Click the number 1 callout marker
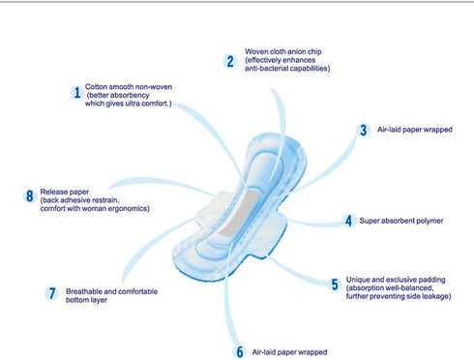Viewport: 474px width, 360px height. tap(77, 93)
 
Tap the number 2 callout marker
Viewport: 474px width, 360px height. tap(229, 61)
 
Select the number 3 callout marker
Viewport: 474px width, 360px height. tap(364, 131)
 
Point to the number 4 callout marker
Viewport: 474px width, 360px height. tap(348, 221)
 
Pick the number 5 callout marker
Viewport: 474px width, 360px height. tap(336, 285)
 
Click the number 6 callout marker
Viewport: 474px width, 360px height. tap(240, 351)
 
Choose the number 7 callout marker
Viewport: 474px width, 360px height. tap(52, 293)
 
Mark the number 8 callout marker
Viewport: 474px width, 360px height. tap(29, 196)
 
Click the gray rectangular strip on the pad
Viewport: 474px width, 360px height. tap(237, 214)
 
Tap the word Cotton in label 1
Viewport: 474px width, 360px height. tap(95, 87)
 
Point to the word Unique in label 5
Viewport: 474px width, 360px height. tap(357, 280)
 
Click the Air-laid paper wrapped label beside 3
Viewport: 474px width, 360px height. tap(415, 130)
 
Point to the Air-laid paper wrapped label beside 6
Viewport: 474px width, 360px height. tap(289, 352)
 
